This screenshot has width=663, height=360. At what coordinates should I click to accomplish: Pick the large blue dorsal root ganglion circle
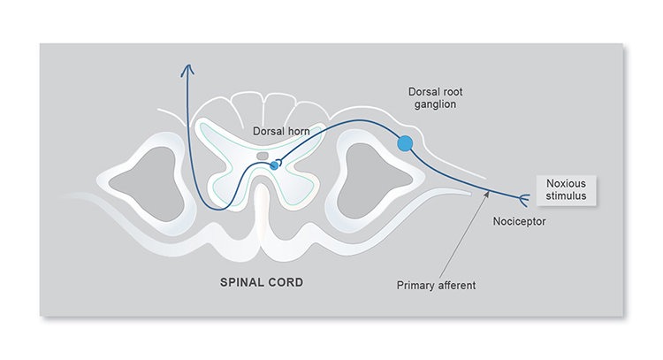pos(406,142)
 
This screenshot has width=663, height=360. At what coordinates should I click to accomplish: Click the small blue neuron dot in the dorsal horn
pos(274,165)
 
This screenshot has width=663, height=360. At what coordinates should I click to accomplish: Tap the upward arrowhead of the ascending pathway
pos(186,70)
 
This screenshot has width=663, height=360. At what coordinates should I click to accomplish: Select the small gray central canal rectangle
pos(263,156)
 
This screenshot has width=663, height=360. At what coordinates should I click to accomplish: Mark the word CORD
pos(288,284)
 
